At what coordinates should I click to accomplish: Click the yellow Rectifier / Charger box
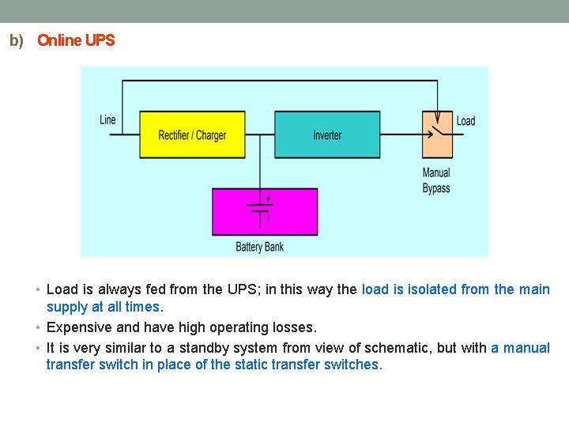(192, 134)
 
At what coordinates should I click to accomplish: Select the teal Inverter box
(327, 134)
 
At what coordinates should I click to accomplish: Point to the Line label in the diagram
(107, 120)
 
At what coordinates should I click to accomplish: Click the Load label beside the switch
(465, 121)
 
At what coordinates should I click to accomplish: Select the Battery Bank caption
(259, 247)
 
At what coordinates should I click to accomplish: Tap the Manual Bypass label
(436, 180)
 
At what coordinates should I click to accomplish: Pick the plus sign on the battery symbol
(268, 198)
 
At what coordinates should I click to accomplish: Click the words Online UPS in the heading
(76, 40)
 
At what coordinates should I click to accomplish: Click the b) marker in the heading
(17, 40)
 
